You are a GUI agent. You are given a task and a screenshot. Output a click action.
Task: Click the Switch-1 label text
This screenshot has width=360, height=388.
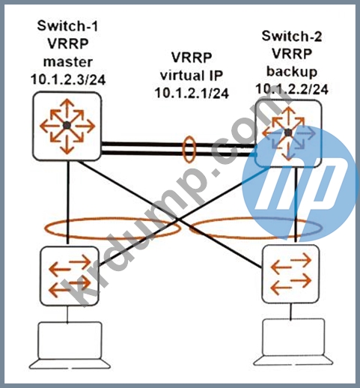click(x=67, y=25)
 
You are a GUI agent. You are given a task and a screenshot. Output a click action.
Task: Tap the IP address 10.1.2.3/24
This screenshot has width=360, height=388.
click(x=68, y=79)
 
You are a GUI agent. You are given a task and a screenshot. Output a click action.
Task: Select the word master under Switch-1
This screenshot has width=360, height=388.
click(x=68, y=62)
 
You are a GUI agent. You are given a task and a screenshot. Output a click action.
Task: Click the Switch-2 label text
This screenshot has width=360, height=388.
click(x=292, y=36)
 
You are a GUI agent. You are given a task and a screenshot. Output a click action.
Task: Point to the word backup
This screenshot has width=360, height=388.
click(x=292, y=72)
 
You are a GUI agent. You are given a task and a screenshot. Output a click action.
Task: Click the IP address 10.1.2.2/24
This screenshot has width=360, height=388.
click(x=292, y=89)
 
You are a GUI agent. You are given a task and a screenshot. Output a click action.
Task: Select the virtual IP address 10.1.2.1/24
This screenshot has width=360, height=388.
click(x=192, y=93)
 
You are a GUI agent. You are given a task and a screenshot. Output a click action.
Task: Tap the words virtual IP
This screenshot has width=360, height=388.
click(x=192, y=76)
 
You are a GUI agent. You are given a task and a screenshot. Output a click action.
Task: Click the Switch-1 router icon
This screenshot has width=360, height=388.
click(x=67, y=126)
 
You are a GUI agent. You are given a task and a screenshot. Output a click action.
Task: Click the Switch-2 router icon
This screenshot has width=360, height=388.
click(x=288, y=133)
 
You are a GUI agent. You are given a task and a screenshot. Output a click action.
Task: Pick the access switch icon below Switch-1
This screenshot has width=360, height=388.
click(x=70, y=276)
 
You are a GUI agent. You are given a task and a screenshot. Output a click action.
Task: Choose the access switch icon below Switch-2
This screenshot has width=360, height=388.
click(x=290, y=274)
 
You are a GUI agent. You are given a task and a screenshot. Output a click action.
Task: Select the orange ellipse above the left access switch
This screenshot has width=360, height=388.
click(x=45, y=228)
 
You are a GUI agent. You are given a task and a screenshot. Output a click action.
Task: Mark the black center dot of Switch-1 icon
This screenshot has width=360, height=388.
click(x=67, y=126)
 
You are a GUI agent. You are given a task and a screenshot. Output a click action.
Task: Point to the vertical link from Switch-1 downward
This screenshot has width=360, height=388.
click(x=67, y=202)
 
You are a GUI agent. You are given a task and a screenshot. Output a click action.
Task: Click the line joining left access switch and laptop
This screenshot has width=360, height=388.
click(x=67, y=314)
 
